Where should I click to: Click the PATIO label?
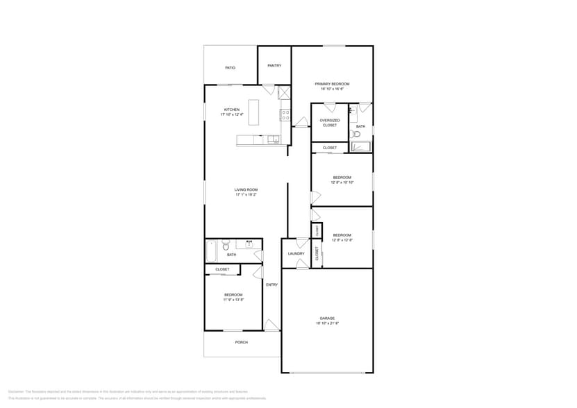(x=230, y=68)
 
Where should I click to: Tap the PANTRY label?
(x=274, y=65)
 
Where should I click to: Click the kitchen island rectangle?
(x=253, y=112)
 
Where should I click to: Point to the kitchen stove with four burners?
(x=284, y=113)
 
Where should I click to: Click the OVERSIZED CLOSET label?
(x=330, y=123)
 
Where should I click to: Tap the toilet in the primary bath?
(x=356, y=134)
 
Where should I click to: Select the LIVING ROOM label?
(x=246, y=190)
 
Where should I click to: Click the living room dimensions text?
(x=246, y=195)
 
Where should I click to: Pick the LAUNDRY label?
(x=296, y=253)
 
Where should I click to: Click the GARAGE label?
(x=327, y=318)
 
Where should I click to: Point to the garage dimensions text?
(x=327, y=323)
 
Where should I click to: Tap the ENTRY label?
(x=271, y=284)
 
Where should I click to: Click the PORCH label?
(x=241, y=342)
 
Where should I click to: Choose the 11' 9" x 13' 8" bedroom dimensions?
(x=233, y=300)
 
